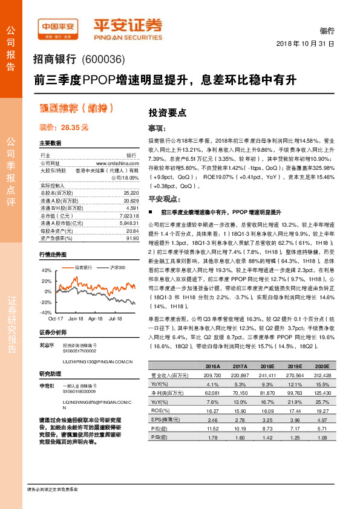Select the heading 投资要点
(168, 112)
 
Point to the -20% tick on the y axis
(46, 302)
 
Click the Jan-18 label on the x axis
(76, 317)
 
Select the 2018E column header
(268, 367)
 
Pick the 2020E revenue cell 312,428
(325, 375)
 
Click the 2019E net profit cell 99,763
(296, 392)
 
